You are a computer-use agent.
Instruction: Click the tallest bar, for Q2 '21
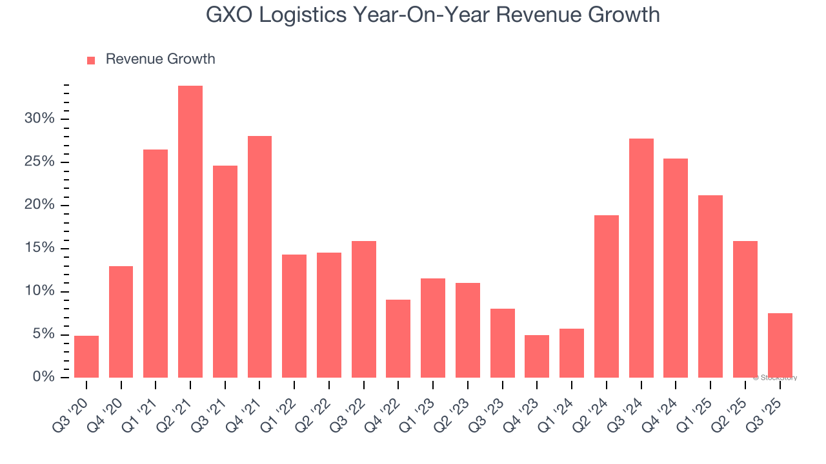coord(190,231)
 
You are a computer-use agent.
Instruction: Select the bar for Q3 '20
coord(86,356)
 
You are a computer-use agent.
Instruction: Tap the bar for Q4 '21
coord(259,256)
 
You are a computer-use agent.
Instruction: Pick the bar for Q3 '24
coord(641,258)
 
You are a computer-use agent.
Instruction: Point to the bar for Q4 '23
coord(537,356)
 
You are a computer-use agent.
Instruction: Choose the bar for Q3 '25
coord(780,345)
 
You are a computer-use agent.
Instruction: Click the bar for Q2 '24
coord(607,296)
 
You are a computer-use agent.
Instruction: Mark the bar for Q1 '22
coord(294,316)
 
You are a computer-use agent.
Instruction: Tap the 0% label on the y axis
coord(43,377)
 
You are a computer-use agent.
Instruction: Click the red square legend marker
coord(91,60)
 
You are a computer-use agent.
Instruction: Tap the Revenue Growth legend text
coord(160,59)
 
